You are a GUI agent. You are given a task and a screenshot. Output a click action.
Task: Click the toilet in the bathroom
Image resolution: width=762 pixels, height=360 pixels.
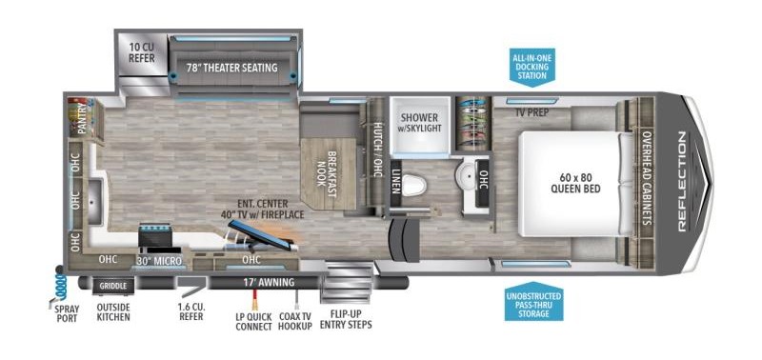(413, 186)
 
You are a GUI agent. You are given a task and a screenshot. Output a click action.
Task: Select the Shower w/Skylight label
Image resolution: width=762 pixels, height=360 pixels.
(421, 123)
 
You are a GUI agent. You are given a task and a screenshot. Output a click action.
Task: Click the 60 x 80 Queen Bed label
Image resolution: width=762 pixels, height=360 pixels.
(575, 184)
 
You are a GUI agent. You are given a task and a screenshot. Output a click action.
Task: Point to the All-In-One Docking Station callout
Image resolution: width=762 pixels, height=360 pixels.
(532, 66)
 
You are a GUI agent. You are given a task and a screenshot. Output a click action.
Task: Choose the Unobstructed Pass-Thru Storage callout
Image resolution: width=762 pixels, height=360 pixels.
(534, 302)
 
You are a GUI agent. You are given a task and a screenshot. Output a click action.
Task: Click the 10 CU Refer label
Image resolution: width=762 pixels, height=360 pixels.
(142, 53)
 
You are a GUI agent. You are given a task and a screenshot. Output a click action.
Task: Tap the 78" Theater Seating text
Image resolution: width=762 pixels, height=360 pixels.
(232, 68)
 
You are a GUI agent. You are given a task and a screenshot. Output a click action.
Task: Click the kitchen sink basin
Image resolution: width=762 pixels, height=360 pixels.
(94, 202)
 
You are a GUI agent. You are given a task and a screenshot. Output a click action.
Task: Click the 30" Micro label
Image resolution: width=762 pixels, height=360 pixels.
(158, 260)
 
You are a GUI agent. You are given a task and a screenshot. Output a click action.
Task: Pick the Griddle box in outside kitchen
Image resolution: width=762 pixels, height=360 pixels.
(113, 286)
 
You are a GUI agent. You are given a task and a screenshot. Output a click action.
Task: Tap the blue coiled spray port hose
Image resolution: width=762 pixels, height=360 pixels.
(60, 286)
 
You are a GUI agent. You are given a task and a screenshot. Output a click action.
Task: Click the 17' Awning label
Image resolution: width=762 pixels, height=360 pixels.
(269, 282)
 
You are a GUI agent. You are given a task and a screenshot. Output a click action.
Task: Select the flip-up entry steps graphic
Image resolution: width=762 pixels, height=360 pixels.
(348, 282)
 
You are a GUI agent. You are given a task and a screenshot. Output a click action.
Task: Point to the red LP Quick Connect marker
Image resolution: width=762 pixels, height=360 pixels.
(253, 300)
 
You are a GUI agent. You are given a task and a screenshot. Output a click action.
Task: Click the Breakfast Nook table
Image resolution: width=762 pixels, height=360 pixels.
(328, 174)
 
